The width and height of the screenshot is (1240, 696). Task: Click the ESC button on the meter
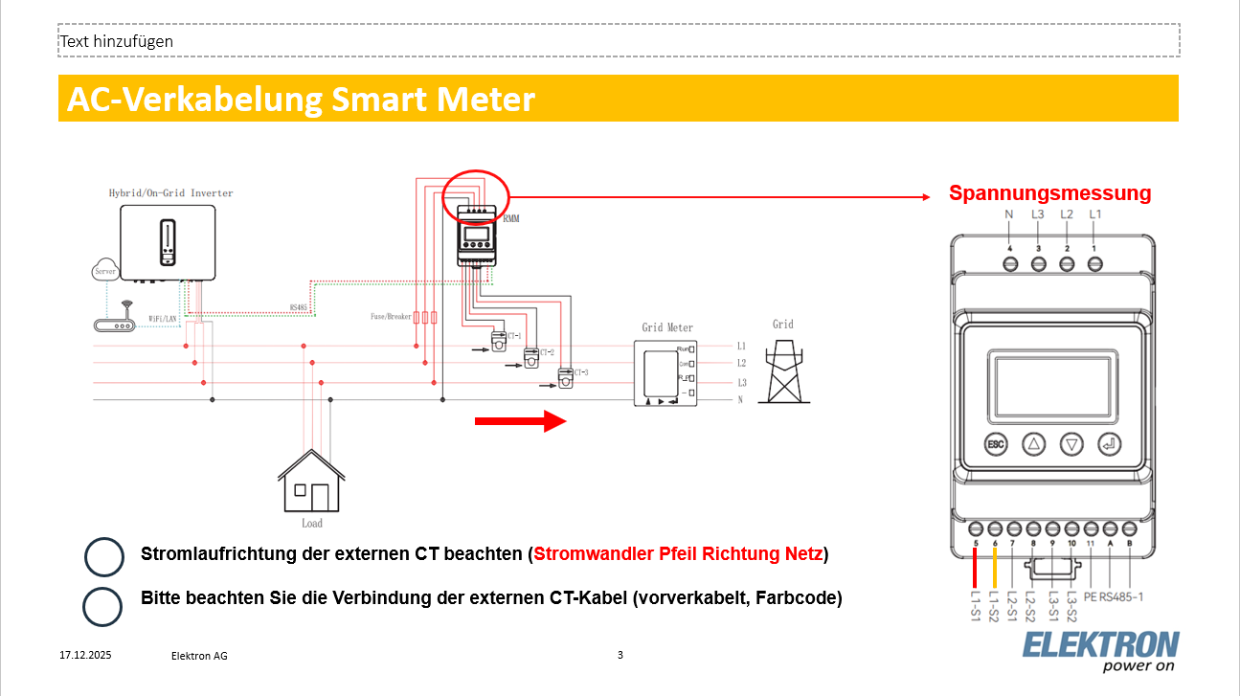click(x=997, y=444)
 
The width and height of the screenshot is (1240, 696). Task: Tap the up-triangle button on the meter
click(x=1034, y=444)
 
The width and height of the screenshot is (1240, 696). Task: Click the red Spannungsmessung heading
click(x=1049, y=193)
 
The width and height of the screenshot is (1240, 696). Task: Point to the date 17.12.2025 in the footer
click(x=85, y=656)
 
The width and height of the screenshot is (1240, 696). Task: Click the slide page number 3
click(x=620, y=655)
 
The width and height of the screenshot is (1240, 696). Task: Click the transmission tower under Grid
click(x=784, y=369)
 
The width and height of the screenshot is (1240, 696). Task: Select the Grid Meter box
click(x=666, y=371)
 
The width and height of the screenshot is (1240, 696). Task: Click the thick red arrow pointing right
click(x=522, y=420)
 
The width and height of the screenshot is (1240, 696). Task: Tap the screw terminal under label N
click(x=1009, y=263)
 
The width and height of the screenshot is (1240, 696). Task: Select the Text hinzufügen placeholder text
click(x=117, y=42)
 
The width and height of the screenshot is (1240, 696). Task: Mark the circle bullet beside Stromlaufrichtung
click(x=103, y=556)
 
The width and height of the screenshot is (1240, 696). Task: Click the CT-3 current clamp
click(x=566, y=379)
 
